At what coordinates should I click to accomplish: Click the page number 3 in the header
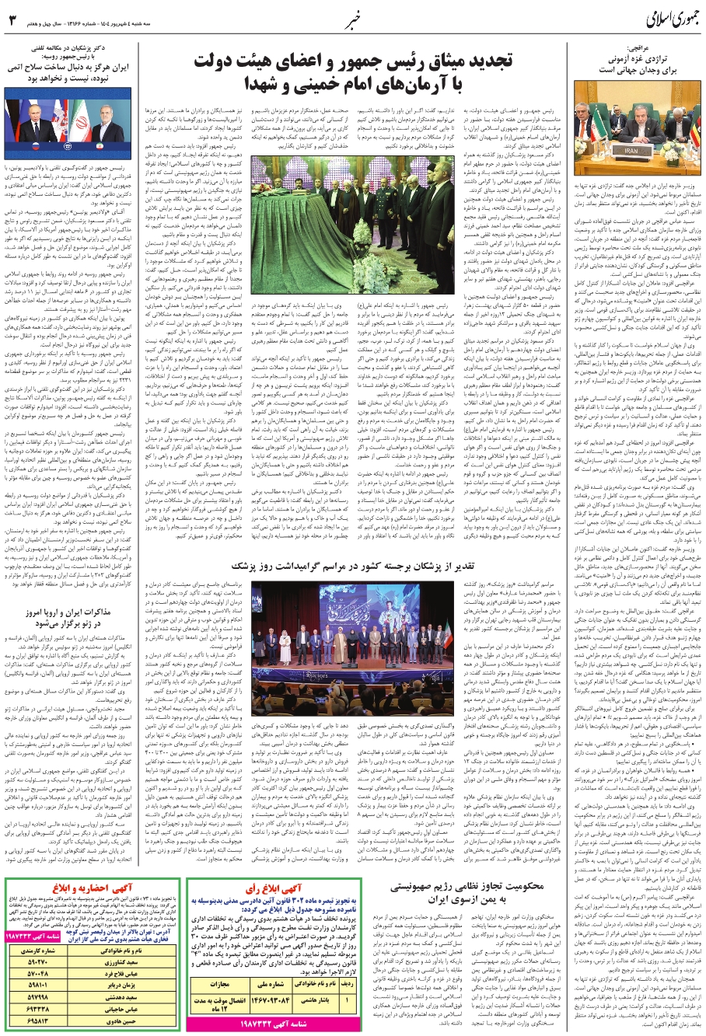click(12, 20)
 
